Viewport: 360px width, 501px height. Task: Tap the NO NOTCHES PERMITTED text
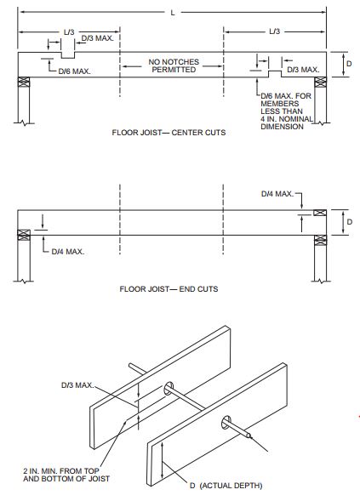pyautogui.click(x=172, y=65)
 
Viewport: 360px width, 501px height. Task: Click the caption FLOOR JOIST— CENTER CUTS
pyautogui.click(x=169, y=133)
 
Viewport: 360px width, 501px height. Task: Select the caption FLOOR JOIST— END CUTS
pyautogui.click(x=169, y=288)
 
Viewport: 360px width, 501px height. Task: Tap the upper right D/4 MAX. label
pyautogui.click(x=277, y=195)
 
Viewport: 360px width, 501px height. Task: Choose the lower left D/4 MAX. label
pyautogui.click(x=68, y=251)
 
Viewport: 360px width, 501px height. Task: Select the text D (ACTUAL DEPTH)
pyautogui.click(x=226, y=486)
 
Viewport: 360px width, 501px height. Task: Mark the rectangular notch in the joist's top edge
pyautogui.click(x=66, y=55)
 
